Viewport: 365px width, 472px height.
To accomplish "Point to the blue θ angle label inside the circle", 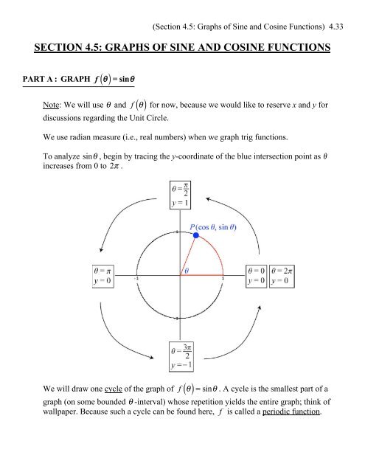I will click(x=187, y=271).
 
